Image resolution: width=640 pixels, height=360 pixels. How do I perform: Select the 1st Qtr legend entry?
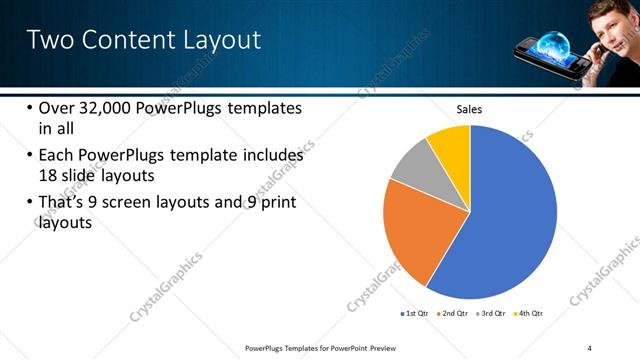(x=416, y=313)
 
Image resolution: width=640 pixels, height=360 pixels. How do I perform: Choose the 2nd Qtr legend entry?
(x=456, y=313)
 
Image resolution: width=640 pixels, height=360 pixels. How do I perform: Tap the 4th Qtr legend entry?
(x=530, y=313)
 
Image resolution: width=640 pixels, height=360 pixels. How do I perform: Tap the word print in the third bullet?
(x=276, y=203)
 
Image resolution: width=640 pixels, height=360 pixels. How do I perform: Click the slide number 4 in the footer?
(x=589, y=347)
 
